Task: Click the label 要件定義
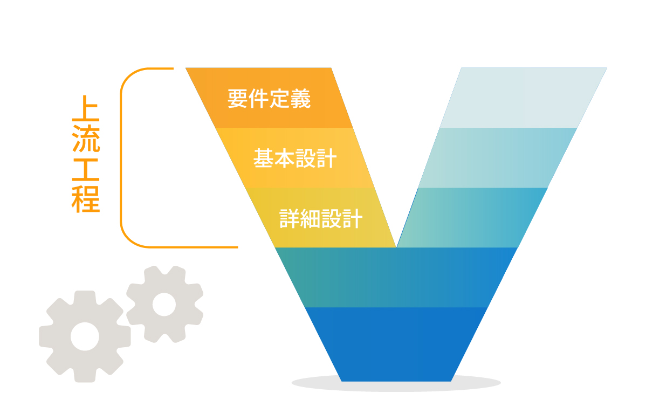(269, 99)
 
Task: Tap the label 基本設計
(295, 158)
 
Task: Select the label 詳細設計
(321, 219)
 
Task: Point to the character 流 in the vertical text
(86, 139)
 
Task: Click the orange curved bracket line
(121, 156)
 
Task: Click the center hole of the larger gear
(85, 336)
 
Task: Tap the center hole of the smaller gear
(164, 305)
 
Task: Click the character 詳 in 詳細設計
(290, 219)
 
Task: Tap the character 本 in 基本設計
(284, 158)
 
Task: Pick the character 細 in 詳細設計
(311, 219)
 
